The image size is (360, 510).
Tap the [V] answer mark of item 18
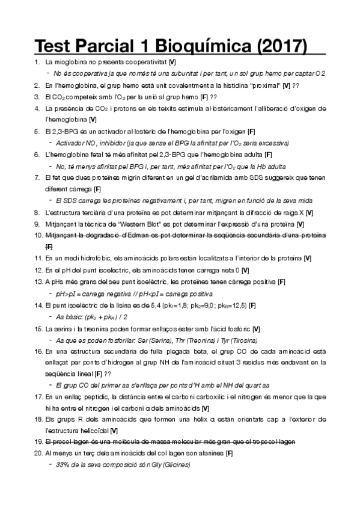click(x=114, y=430)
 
